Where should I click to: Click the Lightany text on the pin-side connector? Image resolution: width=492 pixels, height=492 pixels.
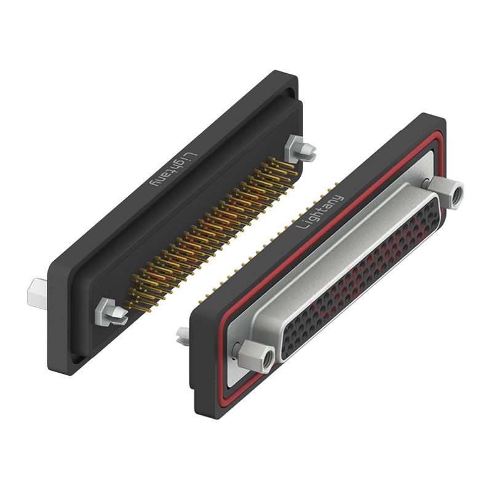(174, 170)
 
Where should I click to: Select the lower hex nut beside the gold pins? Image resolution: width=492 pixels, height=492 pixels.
(111, 312)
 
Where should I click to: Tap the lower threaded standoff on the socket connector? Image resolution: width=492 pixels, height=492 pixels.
(256, 355)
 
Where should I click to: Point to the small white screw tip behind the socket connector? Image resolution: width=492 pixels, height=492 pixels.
(183, 336)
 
